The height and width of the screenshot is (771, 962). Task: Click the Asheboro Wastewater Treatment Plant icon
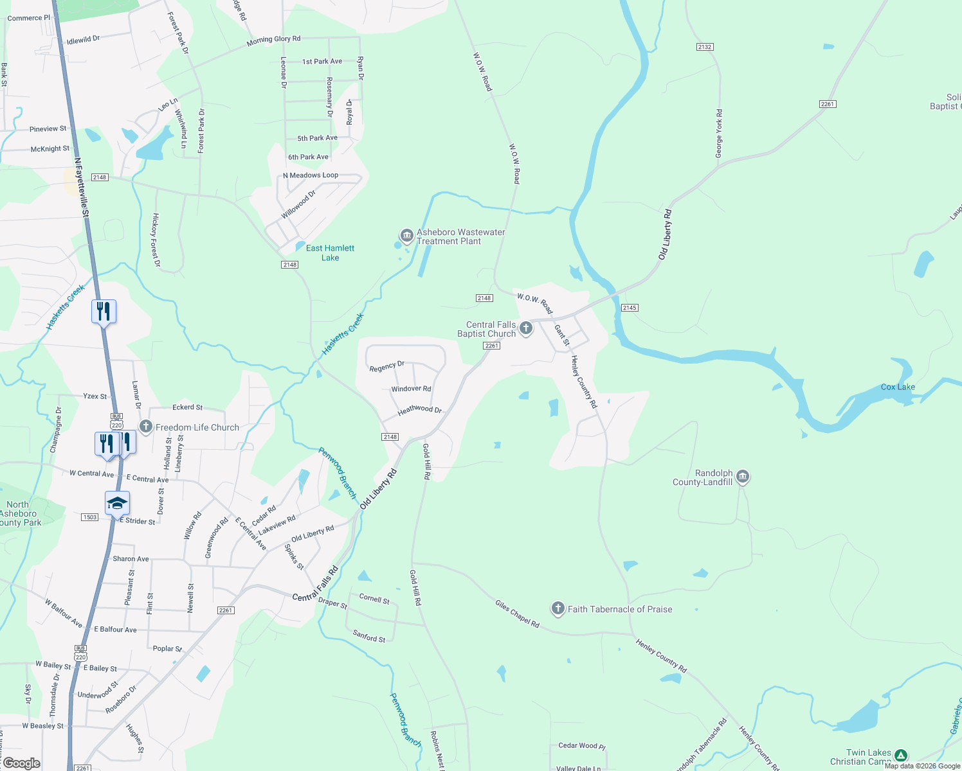[x=406, y=236]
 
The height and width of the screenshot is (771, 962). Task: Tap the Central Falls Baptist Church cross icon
[x=526, y=328]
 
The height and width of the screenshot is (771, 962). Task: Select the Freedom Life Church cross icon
[x=146, y=427]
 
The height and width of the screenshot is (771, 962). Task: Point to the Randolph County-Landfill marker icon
[x=743, y=477]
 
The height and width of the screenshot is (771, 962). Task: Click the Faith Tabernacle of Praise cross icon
[x=558, y=608]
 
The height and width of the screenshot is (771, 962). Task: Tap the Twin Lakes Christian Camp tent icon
[x=901, y=756]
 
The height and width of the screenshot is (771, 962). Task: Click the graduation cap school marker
[x=117, y=503]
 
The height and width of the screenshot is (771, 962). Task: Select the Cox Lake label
[x=898, y=387]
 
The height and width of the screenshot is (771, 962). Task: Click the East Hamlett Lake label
[x=330, y=253]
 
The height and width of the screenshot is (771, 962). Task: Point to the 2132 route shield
[x=705, y=47]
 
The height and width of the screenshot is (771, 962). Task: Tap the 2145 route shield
[x=630, y=308]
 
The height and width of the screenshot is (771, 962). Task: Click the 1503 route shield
[x=90, y=517]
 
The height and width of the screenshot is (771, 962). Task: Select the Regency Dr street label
[x=387, y=366]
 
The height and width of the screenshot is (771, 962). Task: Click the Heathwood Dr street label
[x=420, y=410]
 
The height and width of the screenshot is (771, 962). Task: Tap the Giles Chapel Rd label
[x=517, y=614]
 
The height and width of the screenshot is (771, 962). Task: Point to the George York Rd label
[x=719, y=134]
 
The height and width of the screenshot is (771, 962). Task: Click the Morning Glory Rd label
[x=273, y=40]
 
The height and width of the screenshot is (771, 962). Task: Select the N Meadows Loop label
[x=311, y=175]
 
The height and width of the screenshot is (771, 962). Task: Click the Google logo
[x=21, y=763]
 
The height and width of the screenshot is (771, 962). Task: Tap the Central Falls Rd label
[x=315, y=584]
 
